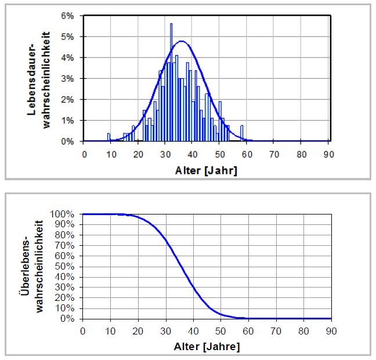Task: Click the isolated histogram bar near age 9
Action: point(109,137)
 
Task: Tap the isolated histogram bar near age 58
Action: point(241,133)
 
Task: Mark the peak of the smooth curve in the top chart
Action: point(182,41)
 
